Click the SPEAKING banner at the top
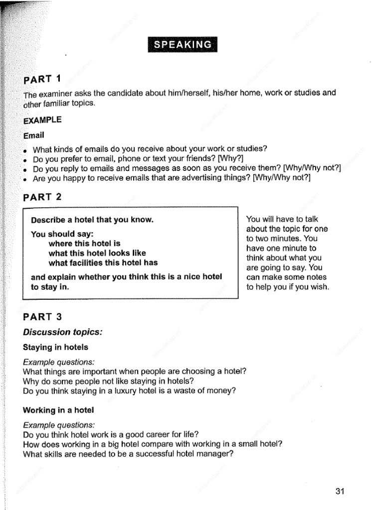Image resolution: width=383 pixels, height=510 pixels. [x=183, y=44]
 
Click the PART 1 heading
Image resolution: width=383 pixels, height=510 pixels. [x=42, y=79]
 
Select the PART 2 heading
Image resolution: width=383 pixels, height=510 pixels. [x=42, y=197]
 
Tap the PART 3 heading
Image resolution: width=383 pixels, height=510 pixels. [x=42, y=317]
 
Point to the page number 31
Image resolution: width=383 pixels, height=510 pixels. [x=340, y=492]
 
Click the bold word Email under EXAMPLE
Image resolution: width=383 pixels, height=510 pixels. [x=34, y=135]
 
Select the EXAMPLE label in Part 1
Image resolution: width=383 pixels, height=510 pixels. [x=42, y=120]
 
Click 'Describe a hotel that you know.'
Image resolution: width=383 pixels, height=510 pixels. [x=92, y=220]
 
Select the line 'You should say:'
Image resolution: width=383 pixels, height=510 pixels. [x=62, y=234]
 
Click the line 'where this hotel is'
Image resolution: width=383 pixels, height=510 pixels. [x=85, y=244]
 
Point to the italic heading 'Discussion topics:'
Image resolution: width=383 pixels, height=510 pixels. [x=63, y=332]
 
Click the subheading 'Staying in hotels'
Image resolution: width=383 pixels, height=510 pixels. [x=56, y=347]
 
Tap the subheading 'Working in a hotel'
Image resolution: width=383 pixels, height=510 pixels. [x=58, y=410]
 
